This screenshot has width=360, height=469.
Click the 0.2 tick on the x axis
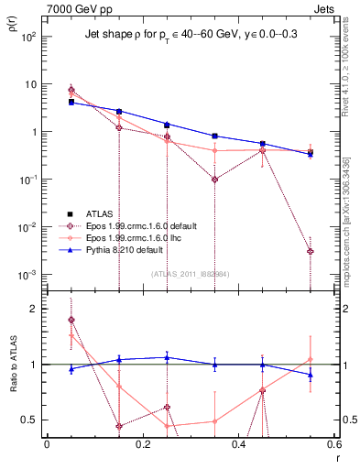(x=142, y=445)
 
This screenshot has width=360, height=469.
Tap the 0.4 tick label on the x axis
(x=238, y=445)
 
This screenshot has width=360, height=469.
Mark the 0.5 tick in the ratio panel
(x=30, y=420)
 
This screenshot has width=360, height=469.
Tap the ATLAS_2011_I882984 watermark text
(x=191, y=273)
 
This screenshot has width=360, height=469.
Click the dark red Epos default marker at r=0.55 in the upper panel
(x=311, y=251)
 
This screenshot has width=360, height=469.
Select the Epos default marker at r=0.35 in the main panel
(x=214, y=180)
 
